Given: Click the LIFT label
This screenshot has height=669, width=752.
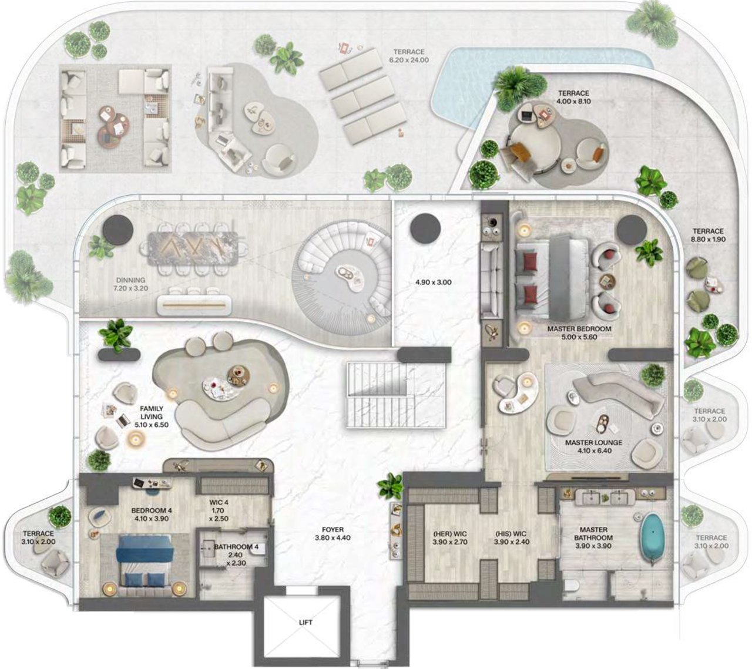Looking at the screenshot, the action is (305, 622).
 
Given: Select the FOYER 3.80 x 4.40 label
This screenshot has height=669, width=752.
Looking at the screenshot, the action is (333, 533).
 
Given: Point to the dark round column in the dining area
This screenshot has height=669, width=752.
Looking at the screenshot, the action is (117, 229).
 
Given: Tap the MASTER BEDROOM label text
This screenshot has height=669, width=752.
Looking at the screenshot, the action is (579, 329).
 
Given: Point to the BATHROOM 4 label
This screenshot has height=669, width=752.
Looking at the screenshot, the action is (236, 547).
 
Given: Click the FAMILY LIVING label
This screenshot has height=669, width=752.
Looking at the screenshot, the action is (152, 412).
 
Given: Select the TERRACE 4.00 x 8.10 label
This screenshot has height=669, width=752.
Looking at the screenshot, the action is (573, 98).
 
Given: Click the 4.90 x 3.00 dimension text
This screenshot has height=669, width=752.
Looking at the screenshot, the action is (433, 282).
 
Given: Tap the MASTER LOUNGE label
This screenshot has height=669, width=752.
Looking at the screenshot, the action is (593, 443).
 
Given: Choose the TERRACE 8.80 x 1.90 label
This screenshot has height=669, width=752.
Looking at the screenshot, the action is (708, 236).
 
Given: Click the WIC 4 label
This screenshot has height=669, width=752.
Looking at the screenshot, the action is (219, 502).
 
